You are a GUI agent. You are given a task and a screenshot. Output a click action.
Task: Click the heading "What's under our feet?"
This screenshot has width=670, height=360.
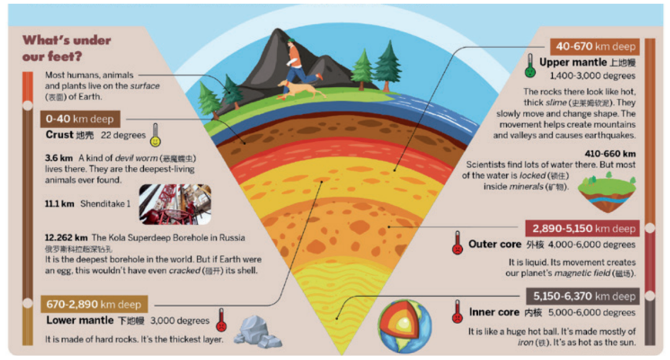click(66, 48)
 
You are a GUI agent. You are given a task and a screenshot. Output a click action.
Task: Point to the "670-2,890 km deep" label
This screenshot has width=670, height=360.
click(94, 305)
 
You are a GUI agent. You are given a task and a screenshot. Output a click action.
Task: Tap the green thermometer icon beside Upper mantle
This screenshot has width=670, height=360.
click(530, 66)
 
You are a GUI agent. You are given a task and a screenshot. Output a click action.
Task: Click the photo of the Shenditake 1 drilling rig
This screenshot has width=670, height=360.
click(175, 204)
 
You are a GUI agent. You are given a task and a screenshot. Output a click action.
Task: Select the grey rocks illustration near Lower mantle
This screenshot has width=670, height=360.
click(257, 331)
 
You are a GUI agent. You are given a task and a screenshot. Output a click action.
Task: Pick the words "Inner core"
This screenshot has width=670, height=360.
click(494, 312)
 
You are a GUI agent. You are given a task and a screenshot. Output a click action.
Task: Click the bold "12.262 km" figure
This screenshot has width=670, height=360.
click(66, 238)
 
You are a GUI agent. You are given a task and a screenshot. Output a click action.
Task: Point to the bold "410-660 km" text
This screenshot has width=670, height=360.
click(610, 154)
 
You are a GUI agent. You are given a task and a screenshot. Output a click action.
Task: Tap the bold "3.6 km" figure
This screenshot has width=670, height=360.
click(59, 158)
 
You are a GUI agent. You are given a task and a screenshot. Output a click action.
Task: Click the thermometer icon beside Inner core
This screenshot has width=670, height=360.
click(458, 311)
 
